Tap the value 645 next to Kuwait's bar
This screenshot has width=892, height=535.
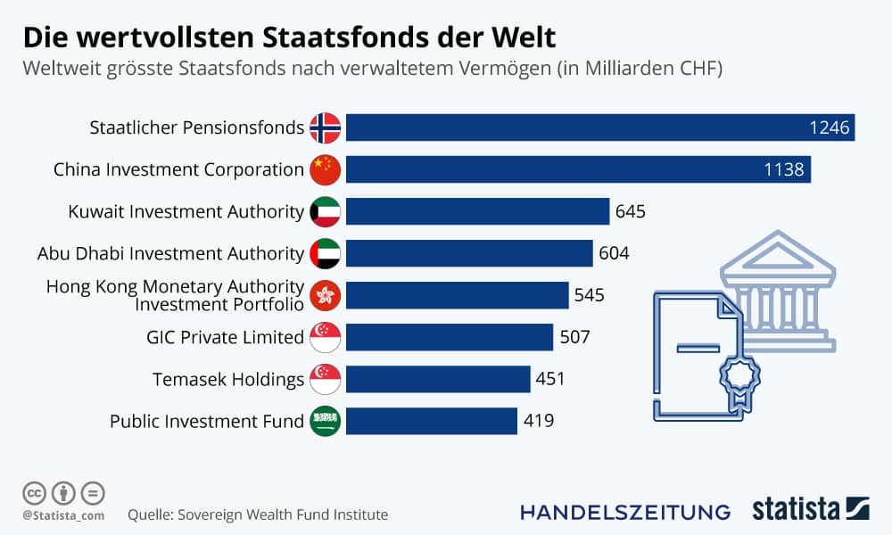click(x=630, y=212)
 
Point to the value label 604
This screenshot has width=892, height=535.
click(x=614, y=253)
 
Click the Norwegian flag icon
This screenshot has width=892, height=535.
click(x=325, y=128)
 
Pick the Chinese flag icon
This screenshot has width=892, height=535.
click(x=325, y=169)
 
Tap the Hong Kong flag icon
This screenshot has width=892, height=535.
click(x=325, y=295)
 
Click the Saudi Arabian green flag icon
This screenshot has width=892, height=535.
click(x=325, y=421)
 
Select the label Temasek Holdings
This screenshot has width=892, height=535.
click(x=228, y=379)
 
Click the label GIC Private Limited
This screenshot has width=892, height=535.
click(x=225, y=337)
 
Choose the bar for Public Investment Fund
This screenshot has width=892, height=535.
click(x=432, y=421)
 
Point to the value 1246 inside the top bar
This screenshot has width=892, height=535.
click(x=829, y=128)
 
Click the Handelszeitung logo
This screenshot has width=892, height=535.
click(x=625, y=512)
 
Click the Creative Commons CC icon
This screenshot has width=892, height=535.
click(x=34, y=492)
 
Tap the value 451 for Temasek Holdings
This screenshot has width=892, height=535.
click(x=550, y=379)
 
